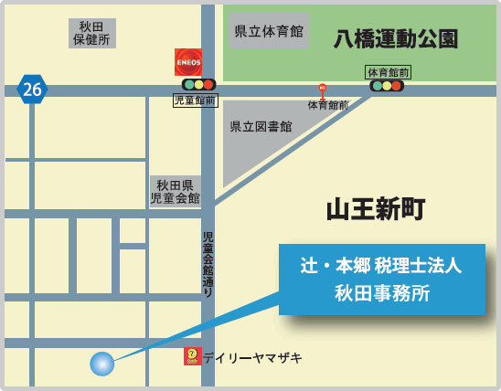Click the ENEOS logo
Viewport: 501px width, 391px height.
pos(188,61)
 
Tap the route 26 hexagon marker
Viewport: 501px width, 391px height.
pos(32,89)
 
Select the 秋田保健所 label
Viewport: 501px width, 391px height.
pos(92,33)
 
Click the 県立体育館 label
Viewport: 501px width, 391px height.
pos(268,31)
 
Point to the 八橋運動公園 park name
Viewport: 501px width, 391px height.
pos(396,39)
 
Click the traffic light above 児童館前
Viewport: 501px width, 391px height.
pos(198,85)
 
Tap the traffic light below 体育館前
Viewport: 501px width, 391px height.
pos(387,86)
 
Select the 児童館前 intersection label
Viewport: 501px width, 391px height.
pos(196,100)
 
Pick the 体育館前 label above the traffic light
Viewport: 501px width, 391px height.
pos(388,71)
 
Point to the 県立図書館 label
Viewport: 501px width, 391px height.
pos(261,127)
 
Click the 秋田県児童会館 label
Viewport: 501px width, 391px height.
pos(175,191)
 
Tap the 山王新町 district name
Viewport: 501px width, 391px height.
pos(376,209)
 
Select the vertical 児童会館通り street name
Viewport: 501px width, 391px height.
pos(208,265)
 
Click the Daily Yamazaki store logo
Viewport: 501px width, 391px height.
pos(192,356)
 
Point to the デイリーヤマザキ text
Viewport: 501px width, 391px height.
pos(252,357)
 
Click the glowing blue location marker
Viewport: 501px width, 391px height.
pos(102,364)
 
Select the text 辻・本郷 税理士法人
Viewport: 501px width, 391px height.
pos(381,265)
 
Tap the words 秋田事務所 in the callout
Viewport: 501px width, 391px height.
pos(381,293)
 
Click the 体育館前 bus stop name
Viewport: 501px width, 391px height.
pos(327,105)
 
